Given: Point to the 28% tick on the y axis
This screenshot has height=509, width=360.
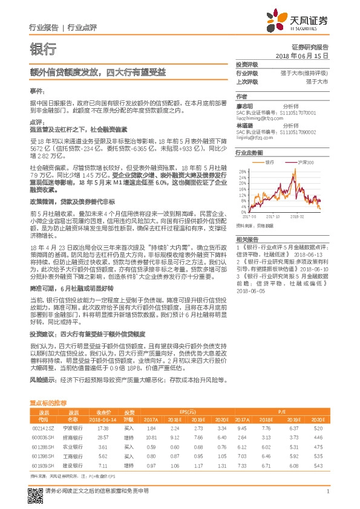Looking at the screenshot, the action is (242, 171).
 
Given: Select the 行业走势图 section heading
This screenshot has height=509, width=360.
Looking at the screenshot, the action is (249, 154).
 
